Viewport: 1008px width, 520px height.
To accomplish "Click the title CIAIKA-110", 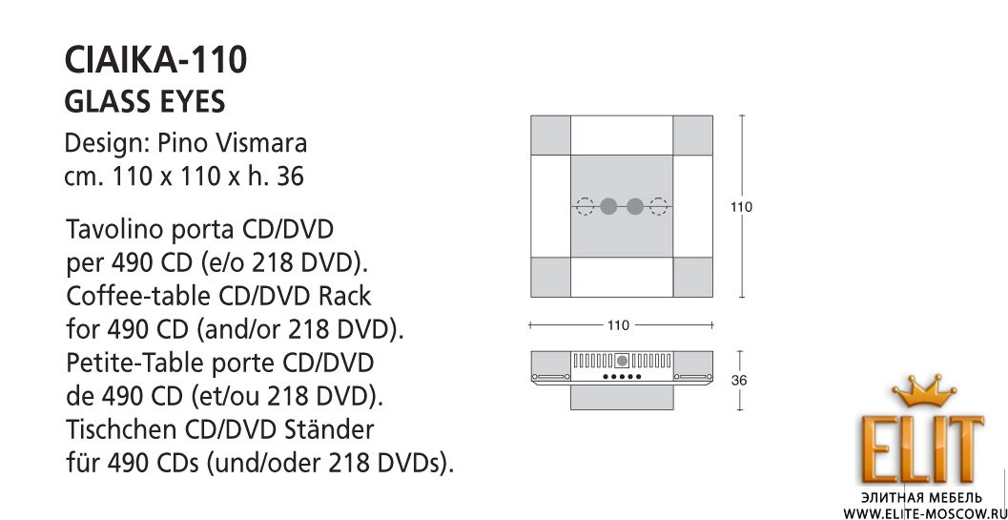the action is [x=155, y=60].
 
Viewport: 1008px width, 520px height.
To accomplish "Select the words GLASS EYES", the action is [x=145, y=102].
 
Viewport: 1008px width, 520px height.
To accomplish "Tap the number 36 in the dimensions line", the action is [x=290, y=176].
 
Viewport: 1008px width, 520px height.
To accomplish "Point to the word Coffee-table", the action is [x=138, y=296].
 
